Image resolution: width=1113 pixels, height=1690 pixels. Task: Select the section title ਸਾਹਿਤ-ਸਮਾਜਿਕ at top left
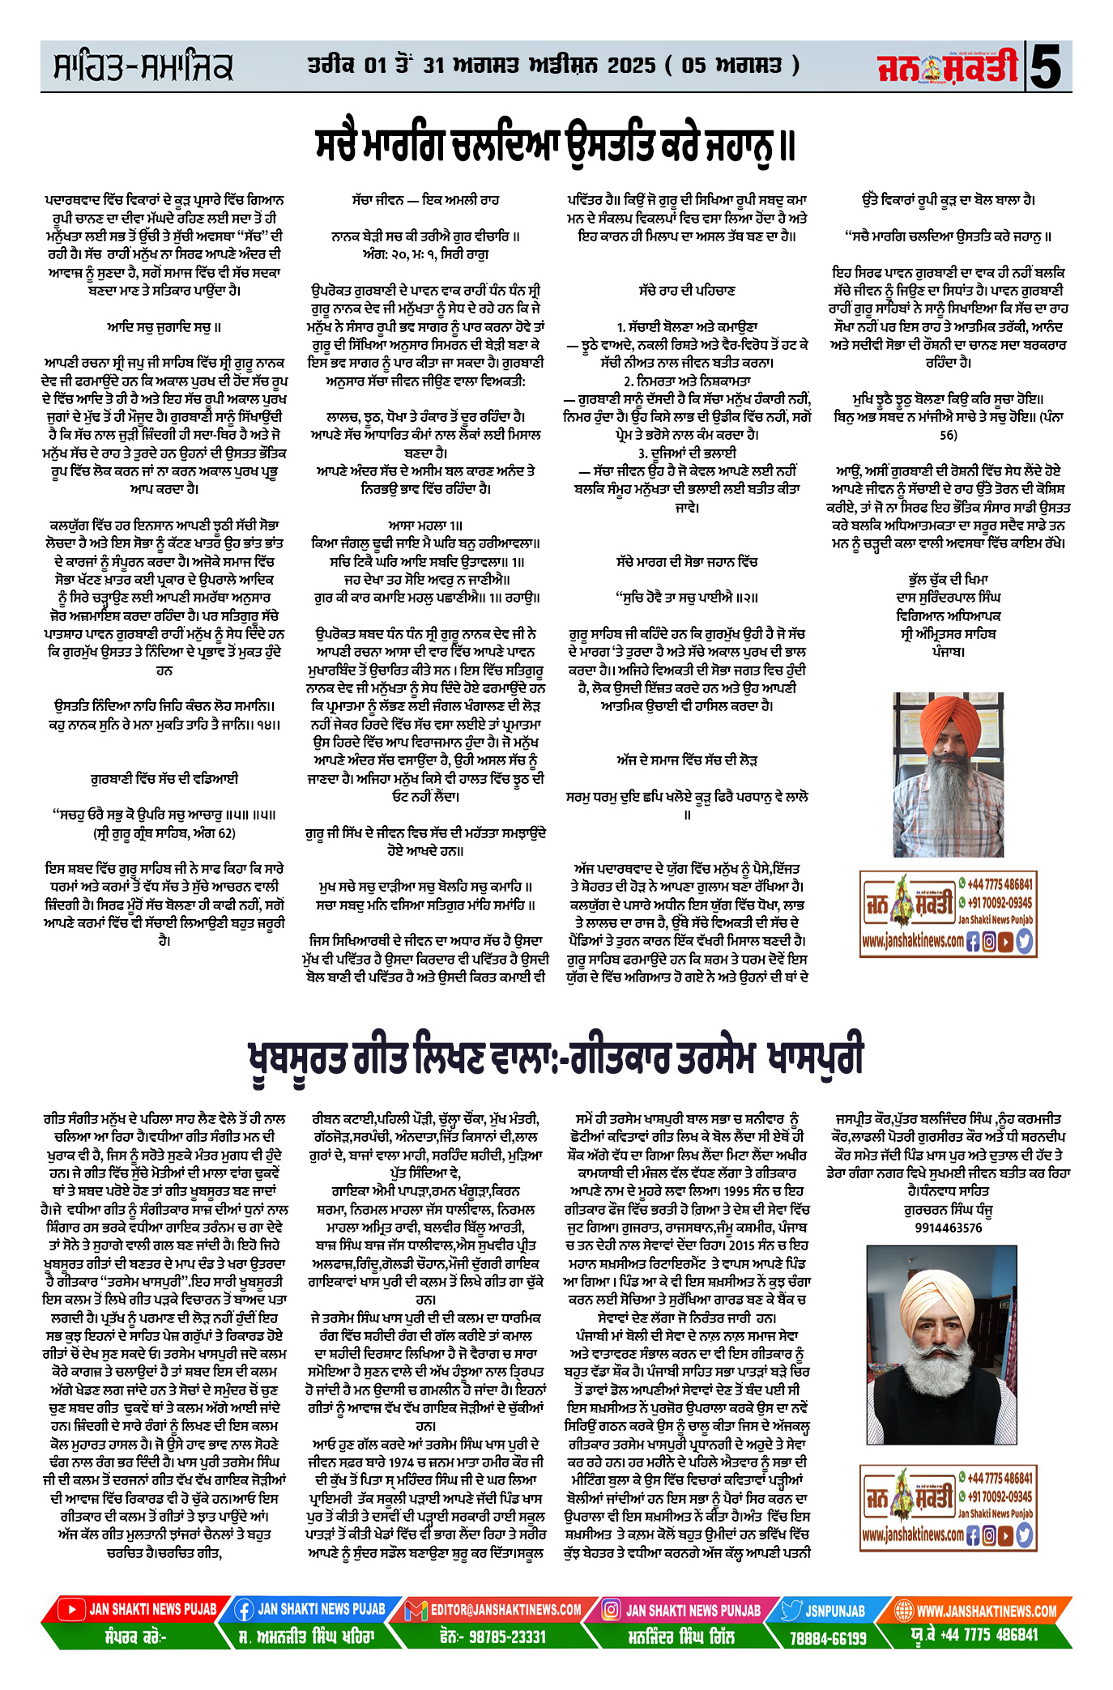click(143, 67)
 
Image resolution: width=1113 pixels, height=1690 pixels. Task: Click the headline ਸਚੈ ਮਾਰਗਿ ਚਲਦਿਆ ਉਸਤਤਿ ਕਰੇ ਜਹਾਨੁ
click(556, 145)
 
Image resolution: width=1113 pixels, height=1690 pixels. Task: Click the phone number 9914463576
click(949, 1228)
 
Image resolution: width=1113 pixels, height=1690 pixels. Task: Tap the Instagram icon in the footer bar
click(612, 1610)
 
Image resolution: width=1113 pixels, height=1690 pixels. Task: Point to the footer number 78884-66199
click(827, 1637)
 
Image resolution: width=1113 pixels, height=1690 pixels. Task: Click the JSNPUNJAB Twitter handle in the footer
click(834, 1610)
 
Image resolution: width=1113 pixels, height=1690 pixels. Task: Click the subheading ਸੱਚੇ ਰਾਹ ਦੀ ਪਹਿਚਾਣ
click(686, 290)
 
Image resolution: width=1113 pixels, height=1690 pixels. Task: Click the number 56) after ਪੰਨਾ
click(949, 435)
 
